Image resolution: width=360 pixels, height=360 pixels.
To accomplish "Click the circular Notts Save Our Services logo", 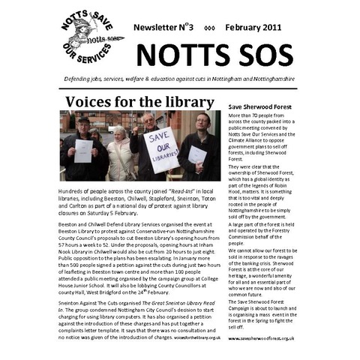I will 91,37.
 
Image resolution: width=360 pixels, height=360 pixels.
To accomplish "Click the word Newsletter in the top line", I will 158,27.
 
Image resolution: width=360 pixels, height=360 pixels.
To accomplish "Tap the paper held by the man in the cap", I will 83,151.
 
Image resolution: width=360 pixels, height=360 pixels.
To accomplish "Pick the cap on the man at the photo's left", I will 84,119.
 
